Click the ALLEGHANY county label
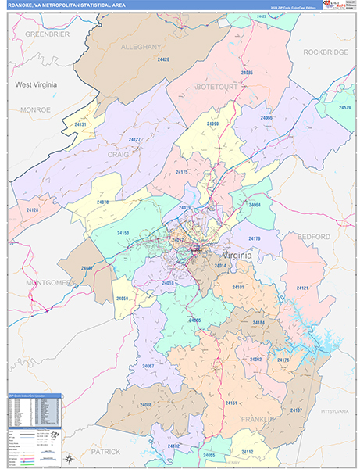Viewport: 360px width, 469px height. (x=141, y=47)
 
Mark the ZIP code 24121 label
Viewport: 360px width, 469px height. (x=301, y=288)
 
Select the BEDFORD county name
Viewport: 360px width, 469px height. (x=312, y=236)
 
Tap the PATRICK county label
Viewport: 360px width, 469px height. (x=105, y=451)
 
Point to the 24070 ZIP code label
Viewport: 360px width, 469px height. (x=103, y=202)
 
